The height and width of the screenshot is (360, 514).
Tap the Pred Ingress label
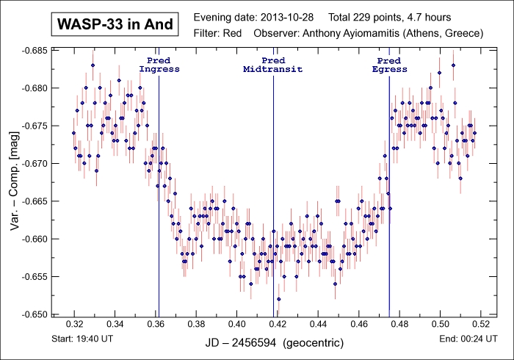point(159,65)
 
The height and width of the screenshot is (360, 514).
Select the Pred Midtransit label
point(273,65)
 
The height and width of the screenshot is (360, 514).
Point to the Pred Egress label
point(388,65)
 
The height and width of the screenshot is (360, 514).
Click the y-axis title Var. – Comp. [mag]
point(15,182)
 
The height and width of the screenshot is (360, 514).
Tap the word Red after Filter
point(233,33)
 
